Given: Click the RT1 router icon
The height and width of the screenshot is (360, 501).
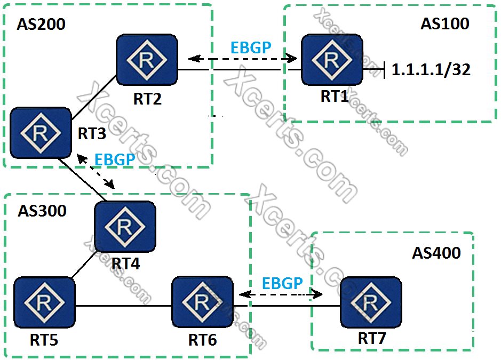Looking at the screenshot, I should point(332,60).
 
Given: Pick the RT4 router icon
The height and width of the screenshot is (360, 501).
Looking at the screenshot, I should point(125,227).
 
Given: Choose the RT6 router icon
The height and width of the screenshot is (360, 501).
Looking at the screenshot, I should point(202,303).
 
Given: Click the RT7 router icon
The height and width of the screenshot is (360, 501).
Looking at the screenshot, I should point(370,303).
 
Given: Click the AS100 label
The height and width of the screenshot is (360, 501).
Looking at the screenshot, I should point(444,24).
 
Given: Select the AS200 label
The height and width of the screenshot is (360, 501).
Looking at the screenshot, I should point(41,25).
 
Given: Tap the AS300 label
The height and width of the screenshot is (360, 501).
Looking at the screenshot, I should point(42,211).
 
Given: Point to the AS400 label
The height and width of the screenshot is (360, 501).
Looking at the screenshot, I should point(436,253).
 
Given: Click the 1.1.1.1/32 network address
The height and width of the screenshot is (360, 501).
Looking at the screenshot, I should point(431,70).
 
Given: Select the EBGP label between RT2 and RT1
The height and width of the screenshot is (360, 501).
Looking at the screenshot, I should point(251,47).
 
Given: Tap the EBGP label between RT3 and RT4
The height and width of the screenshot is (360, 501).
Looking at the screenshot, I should point(114,159).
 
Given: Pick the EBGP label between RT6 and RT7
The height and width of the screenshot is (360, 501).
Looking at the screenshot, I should point(282,283).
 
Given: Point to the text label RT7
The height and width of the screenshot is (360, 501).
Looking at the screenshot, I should point(372,338).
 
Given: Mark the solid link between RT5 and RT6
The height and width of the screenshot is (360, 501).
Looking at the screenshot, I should point(123,306).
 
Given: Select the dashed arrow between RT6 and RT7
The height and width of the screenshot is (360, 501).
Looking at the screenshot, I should point(282,294).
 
